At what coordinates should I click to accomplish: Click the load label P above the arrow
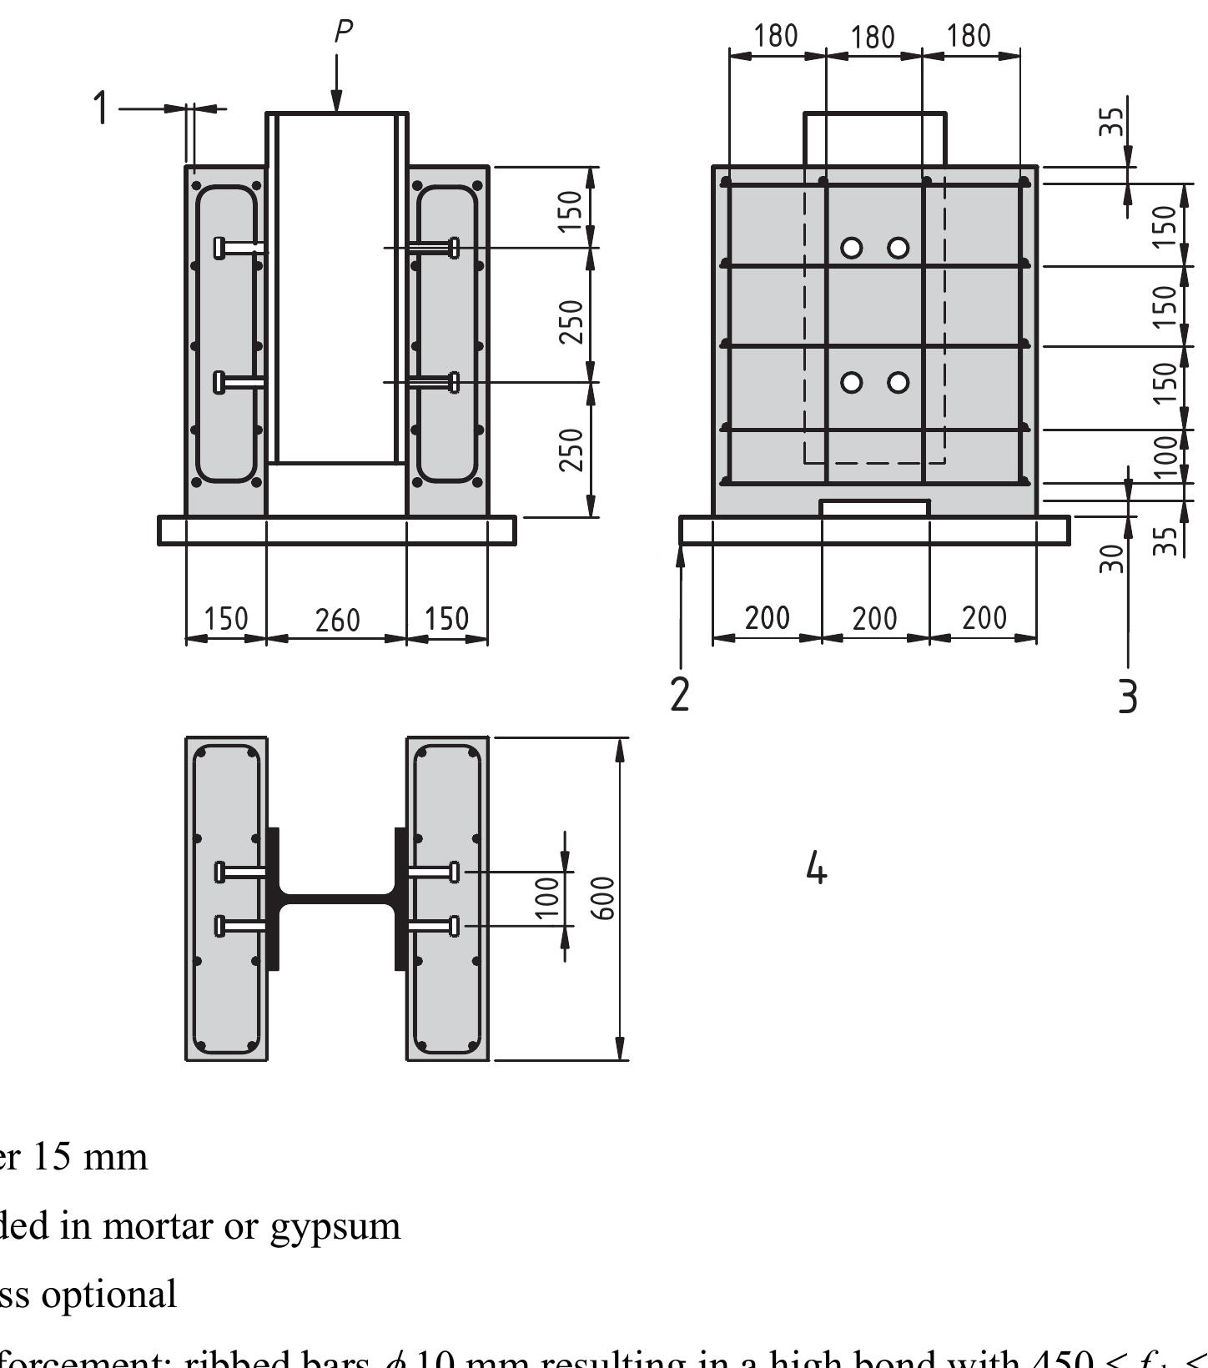click(x=343, y=32)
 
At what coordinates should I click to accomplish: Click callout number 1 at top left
click(x=101, y=108)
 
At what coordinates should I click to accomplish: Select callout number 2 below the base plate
click(x=680, y=694)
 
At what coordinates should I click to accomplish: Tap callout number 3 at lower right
click(x=1127, y=696)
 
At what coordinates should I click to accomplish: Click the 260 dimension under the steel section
click(x=337, y=621)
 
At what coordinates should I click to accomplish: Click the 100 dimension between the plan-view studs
click(x=546, y=898)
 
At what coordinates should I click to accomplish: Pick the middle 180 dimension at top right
click(x=873, y=38)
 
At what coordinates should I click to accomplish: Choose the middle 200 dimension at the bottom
click(x=874, y=619)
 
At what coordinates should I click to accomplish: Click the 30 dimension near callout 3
click(x=1112, y=558)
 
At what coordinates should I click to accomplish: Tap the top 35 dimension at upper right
click(x=1112, y=122)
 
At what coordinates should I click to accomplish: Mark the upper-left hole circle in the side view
click(x=851, y=248)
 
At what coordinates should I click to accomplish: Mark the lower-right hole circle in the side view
click(x=898, y=382)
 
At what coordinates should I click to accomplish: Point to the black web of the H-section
click(x=336, y=899)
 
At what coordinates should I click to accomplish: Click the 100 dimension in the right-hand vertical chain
click(x=1167, y=456)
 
